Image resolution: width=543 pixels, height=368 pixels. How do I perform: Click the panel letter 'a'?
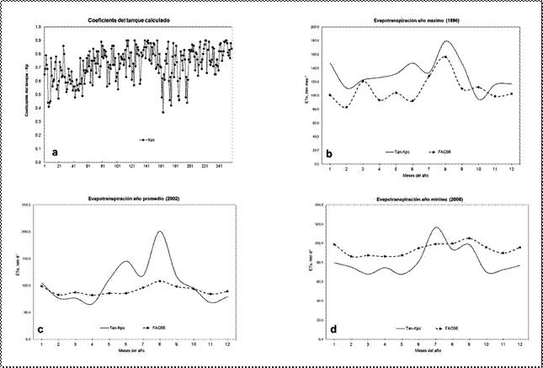55,152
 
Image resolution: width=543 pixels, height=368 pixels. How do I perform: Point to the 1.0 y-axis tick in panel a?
37,28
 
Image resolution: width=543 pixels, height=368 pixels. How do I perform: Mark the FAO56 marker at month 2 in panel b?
346,107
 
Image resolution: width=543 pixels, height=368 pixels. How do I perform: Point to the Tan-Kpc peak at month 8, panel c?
160,232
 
